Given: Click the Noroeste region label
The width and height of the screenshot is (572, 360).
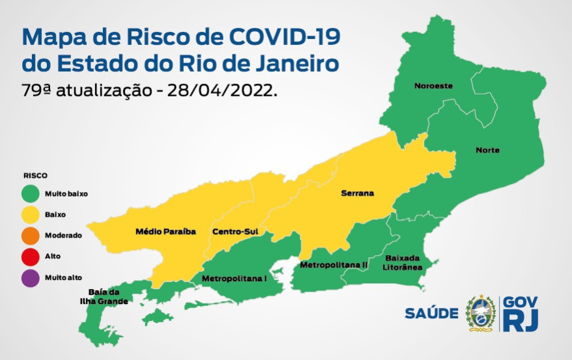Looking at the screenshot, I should (433, 86).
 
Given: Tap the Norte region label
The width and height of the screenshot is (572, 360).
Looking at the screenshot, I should (487, 150).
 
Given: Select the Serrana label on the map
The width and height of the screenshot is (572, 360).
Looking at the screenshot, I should (356, 193).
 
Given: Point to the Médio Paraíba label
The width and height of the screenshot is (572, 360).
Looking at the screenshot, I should (165, 231).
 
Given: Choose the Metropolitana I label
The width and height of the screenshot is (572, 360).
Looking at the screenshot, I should (235, 278).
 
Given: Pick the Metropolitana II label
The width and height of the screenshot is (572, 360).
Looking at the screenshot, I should (334, 265).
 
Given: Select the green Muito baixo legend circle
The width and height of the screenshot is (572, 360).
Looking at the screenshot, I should (30, 193).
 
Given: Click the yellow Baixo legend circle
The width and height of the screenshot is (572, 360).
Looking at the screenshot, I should (30, 214).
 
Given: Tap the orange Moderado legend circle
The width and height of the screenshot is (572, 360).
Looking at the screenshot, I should (30, 235).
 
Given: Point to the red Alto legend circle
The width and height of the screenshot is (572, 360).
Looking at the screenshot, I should (30, 256).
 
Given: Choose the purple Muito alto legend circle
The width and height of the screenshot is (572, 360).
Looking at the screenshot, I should (30, 277).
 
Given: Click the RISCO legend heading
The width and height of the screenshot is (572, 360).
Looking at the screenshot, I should (35, 176).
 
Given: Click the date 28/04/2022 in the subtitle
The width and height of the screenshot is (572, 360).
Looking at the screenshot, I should (222, 90).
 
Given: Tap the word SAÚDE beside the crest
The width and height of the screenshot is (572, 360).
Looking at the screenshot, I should (431, 313).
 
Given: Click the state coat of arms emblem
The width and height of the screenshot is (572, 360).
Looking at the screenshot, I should (481, 313).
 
